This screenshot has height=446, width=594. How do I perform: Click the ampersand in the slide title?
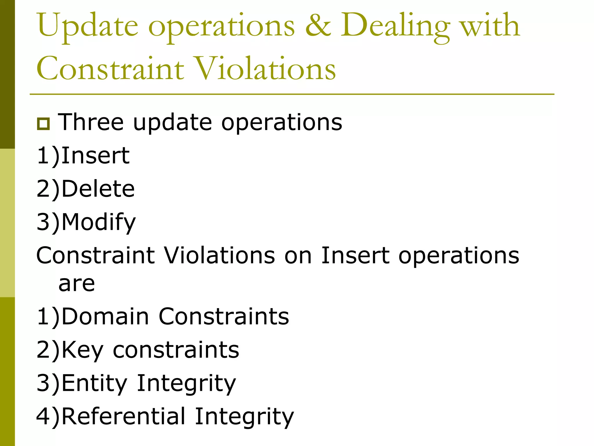coord(318,26)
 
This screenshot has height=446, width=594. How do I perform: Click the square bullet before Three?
coord(44,124)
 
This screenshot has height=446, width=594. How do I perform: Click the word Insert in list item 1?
coord(95,156)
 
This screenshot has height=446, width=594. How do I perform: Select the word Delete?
coord(98,189)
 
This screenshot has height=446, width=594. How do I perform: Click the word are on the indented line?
coord(77,283)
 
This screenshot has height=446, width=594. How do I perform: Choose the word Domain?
coord(105,316)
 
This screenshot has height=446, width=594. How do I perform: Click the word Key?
coord(82,350)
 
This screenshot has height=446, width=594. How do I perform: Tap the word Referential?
coord(123,416)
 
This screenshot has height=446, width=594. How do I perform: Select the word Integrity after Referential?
coord(244,416)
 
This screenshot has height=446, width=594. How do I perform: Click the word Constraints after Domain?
coord(224,316)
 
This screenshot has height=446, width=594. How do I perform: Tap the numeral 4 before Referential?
coord(44,416)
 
